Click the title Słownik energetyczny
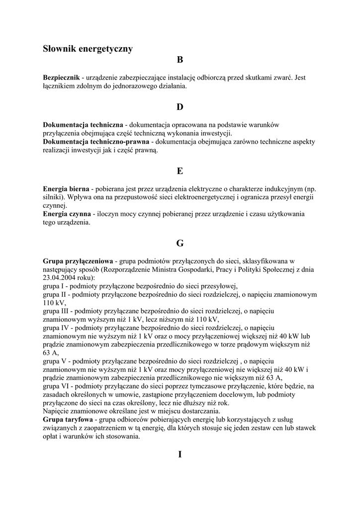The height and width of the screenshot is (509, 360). tap(88, 48)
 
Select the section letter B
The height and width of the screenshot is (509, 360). tap(180, 60)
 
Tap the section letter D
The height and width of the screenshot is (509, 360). tap(180, 107)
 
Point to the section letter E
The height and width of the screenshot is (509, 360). tap(180, 171)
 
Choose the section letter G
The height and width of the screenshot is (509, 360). tap(180, 243)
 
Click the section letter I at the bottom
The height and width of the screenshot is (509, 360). tap(180, 454)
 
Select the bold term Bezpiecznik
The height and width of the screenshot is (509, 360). tap(62, 78)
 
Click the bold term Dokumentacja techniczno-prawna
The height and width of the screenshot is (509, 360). tap(96, 142)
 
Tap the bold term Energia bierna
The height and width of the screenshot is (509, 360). tap(66, 189)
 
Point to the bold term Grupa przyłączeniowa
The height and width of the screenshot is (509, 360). tap(78, 261)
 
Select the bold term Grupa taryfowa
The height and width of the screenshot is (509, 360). tap(68, 420)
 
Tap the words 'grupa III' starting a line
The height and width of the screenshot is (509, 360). tap(55, 311)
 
